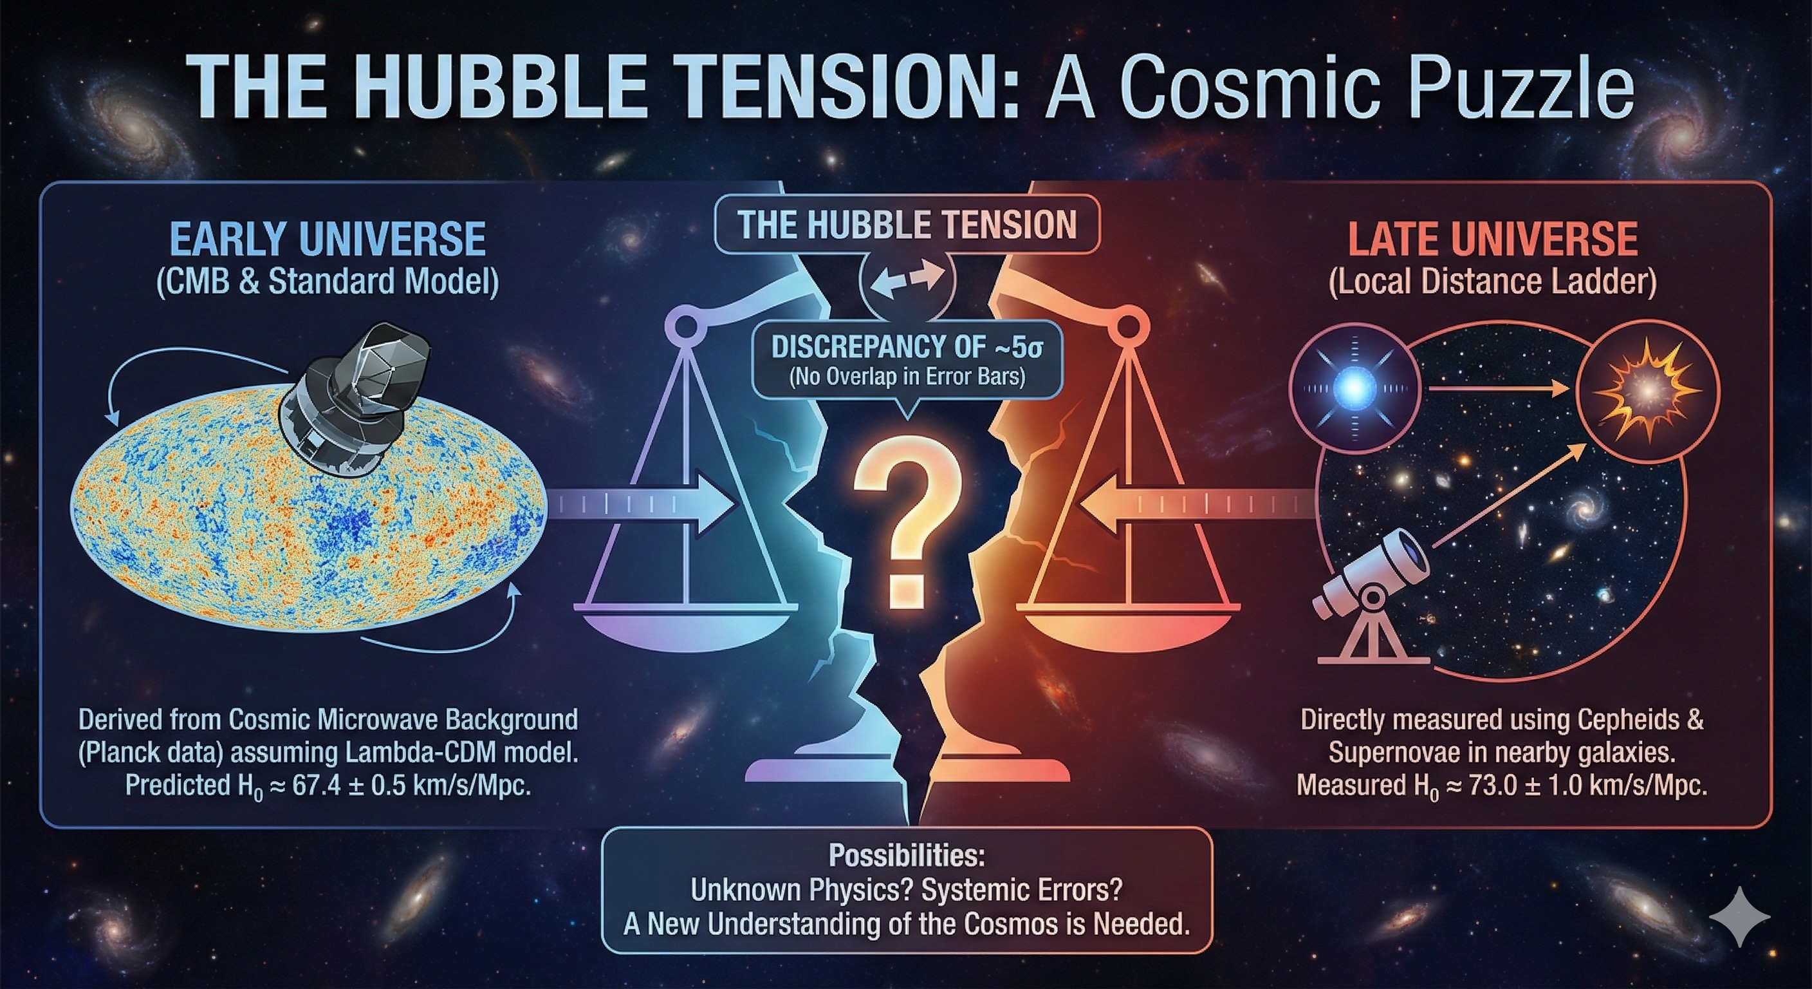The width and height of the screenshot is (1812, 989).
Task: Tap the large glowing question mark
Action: click(x=907, y=528)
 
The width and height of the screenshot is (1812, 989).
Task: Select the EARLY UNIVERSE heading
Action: click(x=328, y=240)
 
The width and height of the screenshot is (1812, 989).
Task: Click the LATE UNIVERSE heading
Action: click(x=1493, y=240)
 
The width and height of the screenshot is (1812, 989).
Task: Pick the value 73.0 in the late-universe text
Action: click(x=1492, y=785)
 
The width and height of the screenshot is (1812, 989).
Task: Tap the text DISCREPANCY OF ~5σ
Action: click(x=907, y=346)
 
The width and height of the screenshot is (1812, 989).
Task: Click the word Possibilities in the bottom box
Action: click(x=907, y=855)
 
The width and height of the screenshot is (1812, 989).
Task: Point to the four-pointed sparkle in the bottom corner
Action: click(x=1739, y=916)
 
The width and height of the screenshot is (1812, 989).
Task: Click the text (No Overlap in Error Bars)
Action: click(x=907, y=377)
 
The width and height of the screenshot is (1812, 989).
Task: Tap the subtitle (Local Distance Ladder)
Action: click(x=1493, y=281)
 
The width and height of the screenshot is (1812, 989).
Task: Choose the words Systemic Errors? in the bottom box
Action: click(x=1021, y=890)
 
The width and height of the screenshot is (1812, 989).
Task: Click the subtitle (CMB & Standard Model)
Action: click(x=328, y=281)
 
